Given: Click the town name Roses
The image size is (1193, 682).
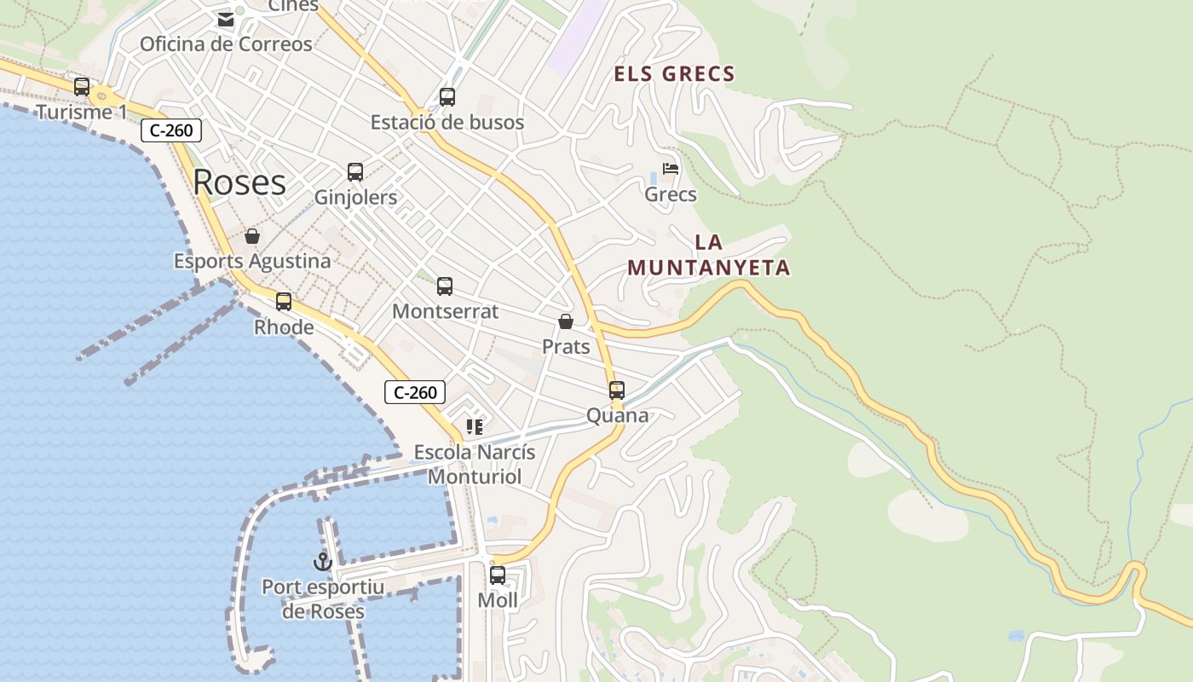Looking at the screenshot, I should pos(239,182).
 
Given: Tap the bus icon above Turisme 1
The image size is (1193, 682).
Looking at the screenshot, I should pos(82,86).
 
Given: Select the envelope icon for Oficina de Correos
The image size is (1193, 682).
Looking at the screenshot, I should pos(225,19).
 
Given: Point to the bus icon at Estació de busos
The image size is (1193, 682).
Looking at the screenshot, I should pos(447,96).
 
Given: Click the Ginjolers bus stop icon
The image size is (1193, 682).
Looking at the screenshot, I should pos(355,171).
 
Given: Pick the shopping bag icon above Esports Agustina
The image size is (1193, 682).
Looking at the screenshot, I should pos(252,235).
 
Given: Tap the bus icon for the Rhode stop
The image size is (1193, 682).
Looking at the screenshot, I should pos(284,301).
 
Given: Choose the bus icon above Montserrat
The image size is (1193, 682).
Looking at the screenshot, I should pos(445,286).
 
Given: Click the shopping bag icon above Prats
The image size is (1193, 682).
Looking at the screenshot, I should pos(566,321).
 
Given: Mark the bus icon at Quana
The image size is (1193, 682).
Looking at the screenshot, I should pos(617,390).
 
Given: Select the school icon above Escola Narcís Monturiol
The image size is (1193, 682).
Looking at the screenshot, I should pos(475,426).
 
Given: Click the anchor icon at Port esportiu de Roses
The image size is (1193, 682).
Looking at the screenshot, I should pos(322,561).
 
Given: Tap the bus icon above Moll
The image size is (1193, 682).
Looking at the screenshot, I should pos(498,575).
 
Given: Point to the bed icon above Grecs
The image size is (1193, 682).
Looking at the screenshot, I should pos(671,169).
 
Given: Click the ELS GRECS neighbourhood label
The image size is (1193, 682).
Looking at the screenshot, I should pos(674,74).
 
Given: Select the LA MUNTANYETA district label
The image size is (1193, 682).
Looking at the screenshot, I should pos(709,255).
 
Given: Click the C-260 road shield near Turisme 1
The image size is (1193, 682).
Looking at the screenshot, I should pos(171,130).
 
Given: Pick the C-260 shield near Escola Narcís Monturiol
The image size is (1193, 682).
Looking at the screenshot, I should pos(415,392).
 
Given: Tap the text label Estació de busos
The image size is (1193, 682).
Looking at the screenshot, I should pos(447,122).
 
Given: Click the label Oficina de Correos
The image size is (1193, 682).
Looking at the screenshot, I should pos(226,43).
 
